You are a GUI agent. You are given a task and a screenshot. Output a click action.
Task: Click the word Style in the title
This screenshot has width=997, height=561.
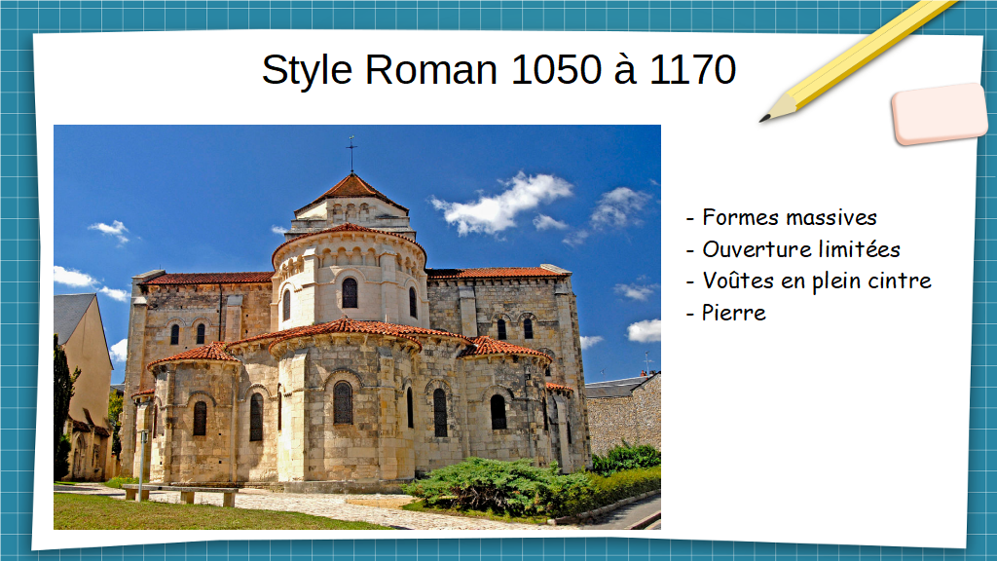pyautogui.click(x=307, y=70)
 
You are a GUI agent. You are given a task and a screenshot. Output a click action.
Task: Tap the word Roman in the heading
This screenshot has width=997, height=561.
pyautogui.click(x=431, y=69)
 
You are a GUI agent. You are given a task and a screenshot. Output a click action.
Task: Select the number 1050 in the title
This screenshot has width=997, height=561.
pyautogui.click(x=556, y=69)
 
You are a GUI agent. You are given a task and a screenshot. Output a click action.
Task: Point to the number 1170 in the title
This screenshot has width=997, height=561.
pyautogui.click(x=692, y=69)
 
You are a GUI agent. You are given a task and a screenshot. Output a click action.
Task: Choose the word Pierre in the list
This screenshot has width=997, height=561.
pyautogui.click(x=734, y=313)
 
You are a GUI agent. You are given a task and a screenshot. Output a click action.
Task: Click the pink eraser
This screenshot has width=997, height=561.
pyautogui.click(x=940, y=113)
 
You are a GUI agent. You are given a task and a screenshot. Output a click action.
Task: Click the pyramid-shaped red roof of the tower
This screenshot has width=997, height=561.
pyautogui.click(x=352, y=189)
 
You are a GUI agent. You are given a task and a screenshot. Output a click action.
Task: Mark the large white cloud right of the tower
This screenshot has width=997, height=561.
pyautogui.click(x=502, y=203)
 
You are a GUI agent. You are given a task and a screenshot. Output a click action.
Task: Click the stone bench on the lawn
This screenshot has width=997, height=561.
pyautogui.click(x=180, y=494)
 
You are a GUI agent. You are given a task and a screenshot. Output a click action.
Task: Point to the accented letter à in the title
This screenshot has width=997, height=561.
pyautogui.click(x=625, y=69)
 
